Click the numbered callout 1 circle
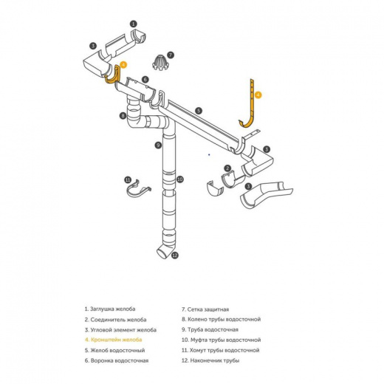(133, 24)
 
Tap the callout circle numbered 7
(171, 55)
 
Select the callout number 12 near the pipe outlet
(175, 256)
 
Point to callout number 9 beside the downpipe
(158, 145)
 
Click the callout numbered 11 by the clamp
(128, 180)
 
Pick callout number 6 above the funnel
(145, 79)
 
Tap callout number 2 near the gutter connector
(227, 168)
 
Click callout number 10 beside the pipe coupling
(180, 179)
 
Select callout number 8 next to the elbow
(123, 115)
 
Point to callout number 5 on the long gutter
(199, 111)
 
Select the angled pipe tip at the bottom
(165, 251)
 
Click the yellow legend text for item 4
(113, 340)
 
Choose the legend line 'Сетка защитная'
(205, 309)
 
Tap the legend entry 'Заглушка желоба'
(110, 309)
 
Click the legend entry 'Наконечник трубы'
(210, 360)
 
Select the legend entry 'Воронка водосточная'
(117, 360)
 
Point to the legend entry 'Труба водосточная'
(210, 329)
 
